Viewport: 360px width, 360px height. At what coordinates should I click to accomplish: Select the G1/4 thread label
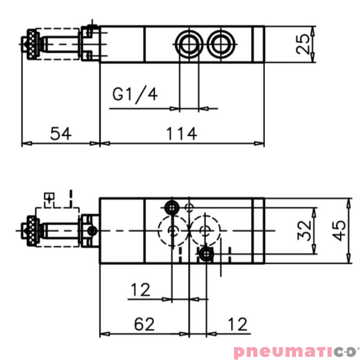click(x=135, y=95)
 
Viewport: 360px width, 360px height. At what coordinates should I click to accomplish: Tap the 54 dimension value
click(x=60, y=134)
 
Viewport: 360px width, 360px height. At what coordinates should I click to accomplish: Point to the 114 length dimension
click(x=182, y=134)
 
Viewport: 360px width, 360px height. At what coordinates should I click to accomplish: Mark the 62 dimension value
click(x=144, y=324)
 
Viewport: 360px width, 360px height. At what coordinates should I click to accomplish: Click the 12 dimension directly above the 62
click(x=140, y=290)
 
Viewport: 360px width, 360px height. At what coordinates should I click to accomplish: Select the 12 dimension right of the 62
click(x=237, y=324)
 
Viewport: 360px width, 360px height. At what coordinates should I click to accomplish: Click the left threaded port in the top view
click(x=188, y=44)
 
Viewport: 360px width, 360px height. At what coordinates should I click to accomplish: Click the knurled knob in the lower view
click(x=32, y=230)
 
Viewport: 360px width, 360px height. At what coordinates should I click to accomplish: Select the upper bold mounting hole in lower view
click(x=171, y=207)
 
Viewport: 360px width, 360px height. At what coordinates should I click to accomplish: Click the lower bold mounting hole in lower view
click(x=206, y=254)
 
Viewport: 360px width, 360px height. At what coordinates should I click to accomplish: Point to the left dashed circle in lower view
click(x=172, y=230)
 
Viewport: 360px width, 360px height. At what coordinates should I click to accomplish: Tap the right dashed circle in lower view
click(x=205, y=230)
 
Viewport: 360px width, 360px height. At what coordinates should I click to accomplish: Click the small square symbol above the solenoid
click(x=49, y=197)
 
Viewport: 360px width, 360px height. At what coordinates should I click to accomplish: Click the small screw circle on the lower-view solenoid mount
click(x=92, y=231)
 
